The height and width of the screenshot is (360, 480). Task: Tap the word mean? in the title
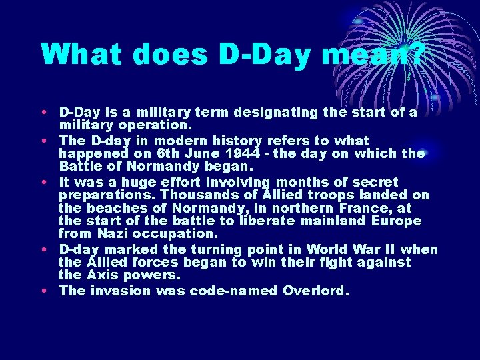[x=373, y=53]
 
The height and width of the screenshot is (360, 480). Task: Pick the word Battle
[x=81, y=166]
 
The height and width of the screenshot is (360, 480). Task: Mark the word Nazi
[x=109, y=234]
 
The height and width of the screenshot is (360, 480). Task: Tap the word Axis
[x=100, y=275]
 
